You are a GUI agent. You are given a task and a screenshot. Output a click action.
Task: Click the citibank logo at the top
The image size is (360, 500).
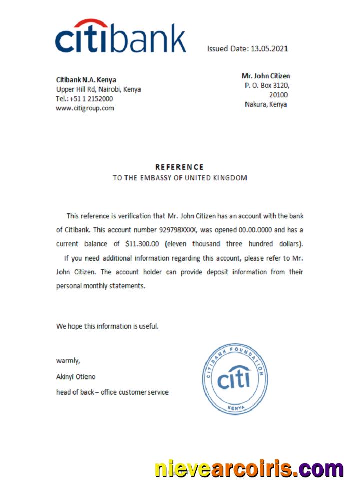[x=120, y=36]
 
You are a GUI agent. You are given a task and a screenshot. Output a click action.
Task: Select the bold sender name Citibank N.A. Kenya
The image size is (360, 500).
[x=86, y=80]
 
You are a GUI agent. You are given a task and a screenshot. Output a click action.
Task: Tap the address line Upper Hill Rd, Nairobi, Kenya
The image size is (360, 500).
[x=98, y=89]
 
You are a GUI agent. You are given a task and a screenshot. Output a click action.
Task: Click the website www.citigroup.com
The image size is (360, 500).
[x=85, y=108]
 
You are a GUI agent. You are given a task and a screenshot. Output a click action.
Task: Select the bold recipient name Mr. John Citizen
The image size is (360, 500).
[x=266, y=76]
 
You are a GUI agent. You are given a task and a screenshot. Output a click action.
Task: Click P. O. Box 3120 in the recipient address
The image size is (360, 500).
[x=267, y=85]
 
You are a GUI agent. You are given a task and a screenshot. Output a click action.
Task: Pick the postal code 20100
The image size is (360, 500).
[x=278, y=95]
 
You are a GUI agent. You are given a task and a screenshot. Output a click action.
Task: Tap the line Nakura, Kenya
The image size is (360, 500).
[x=266, y=104]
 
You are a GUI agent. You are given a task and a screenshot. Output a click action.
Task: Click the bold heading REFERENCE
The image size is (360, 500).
[x=179, y=167]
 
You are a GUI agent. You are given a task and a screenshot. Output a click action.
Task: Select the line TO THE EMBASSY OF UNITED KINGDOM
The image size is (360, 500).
[x=179, y=178]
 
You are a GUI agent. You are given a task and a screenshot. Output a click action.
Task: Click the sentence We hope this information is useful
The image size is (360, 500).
[x=107, y=326]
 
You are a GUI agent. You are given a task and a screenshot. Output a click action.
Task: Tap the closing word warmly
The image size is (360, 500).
[x=68, y=360]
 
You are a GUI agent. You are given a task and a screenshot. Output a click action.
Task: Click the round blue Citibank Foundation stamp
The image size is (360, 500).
[x=233, y=379]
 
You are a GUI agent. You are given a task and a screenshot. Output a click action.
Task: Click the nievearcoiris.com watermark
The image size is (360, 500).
[x=248, y=469]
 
